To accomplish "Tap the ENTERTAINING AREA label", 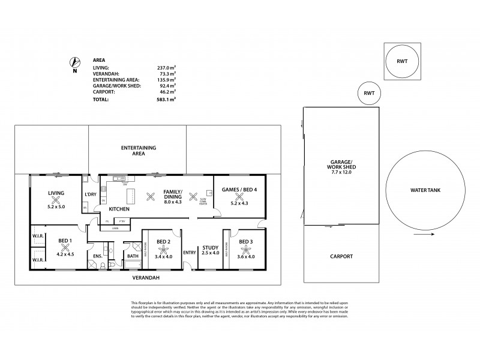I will (x=139, y=150).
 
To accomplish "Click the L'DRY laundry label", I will (x=91, y=194).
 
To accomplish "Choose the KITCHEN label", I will (x=119, y=209).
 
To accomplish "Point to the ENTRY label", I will (x=189, y=252).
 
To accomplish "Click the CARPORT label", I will (x=341, y=256).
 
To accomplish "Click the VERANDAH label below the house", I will (x=146, y=278).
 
